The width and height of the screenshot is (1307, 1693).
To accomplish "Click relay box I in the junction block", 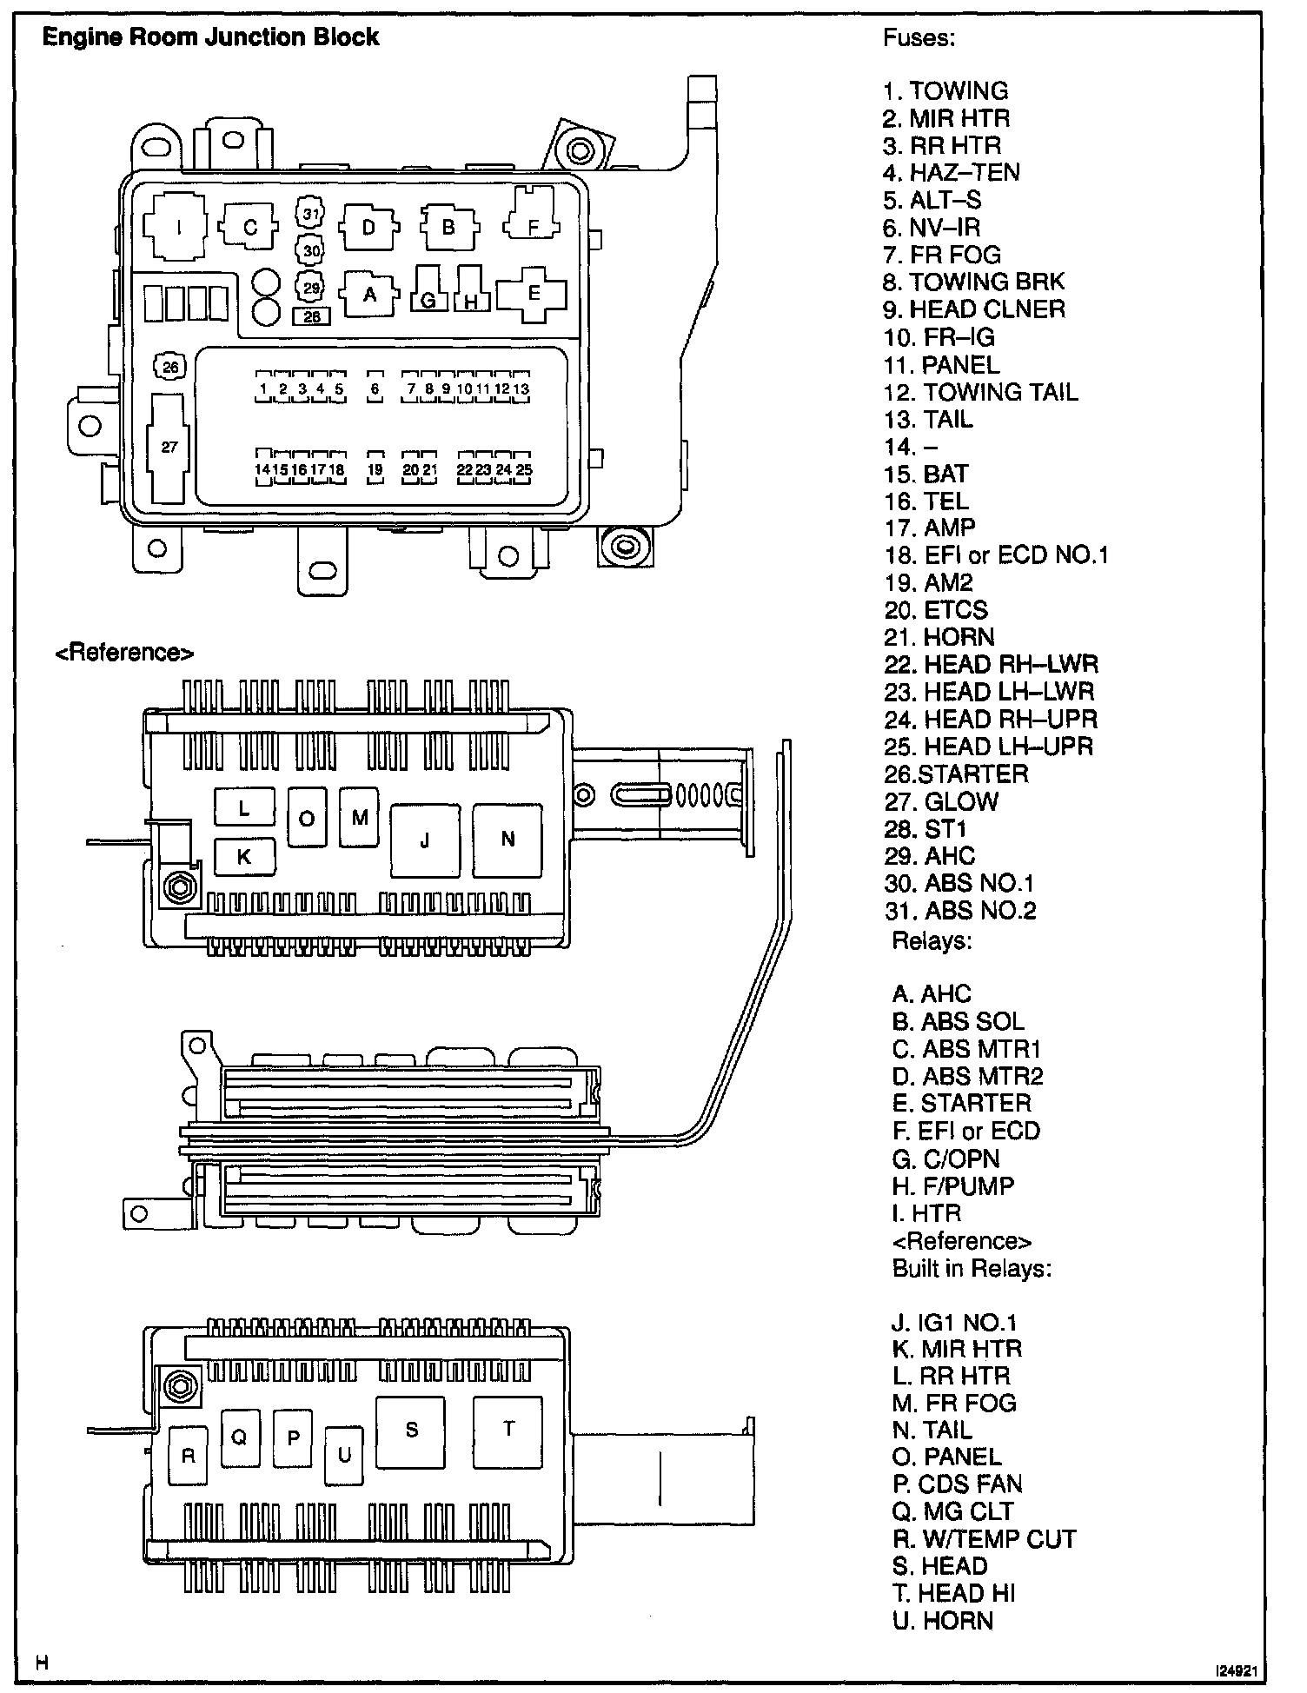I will point(178,228).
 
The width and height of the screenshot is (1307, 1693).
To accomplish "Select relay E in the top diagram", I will point(534,293).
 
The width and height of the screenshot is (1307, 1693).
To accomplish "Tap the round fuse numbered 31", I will point(310,214).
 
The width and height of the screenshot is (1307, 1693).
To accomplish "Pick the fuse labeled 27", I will point(169,447).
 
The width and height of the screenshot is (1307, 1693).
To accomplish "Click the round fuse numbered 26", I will point(170,368).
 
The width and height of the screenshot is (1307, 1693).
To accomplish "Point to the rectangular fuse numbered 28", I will point(312,317).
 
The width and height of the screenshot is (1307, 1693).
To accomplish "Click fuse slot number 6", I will point(375,389).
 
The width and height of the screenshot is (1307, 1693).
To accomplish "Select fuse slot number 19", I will point(375,469).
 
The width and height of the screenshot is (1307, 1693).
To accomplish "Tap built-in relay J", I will point(424,840).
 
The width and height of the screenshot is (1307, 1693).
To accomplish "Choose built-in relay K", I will point(244,856).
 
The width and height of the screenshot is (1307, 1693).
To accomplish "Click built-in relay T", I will point(508,1428).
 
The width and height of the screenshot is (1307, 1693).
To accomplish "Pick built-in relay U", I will point(344,1455).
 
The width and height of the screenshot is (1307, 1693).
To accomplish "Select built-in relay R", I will point(189,1456).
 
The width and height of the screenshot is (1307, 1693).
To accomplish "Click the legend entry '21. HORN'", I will point(939,637).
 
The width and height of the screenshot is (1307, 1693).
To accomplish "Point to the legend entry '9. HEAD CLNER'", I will point(973,309).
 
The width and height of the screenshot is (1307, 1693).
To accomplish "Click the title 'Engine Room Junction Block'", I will point(211,37).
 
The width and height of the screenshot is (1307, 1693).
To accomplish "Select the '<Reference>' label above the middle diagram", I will point(124,653).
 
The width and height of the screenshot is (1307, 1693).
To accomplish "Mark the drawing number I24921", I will point(1238,1670).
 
